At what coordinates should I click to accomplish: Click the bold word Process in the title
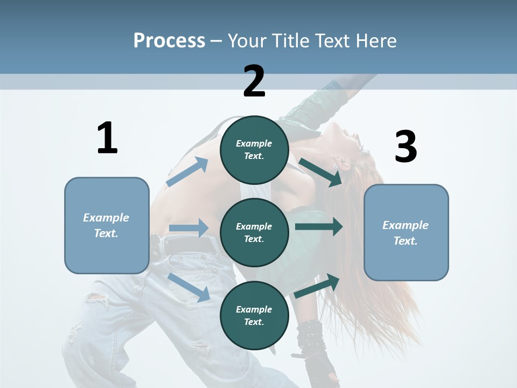[169, 40]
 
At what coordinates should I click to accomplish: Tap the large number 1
[107, 138]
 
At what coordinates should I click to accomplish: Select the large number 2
[254, 81]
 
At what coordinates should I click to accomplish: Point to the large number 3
[406, 147]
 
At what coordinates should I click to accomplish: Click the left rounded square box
[107, 225]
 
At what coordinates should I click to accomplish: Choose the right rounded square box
[406, 233]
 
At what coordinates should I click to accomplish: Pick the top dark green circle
[254, 150]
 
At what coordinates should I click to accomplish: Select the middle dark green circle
[254, 232]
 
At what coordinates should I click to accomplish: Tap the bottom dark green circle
[254, 315]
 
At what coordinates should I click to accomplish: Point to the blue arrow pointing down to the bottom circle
[189, 287]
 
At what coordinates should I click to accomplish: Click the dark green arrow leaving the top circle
[320, 172]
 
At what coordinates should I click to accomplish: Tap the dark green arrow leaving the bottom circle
[317, 286]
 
